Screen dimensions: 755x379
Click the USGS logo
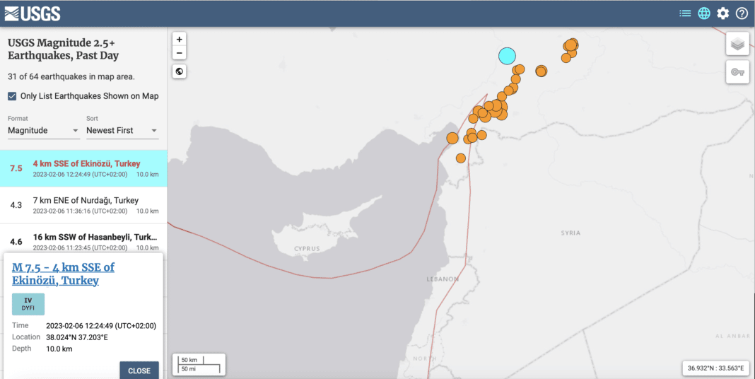[x=33, y=13]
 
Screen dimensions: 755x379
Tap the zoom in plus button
[x=180, y=40]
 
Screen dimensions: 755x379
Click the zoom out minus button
[x=180, y=53]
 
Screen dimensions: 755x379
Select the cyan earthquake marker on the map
[x=507, y=55]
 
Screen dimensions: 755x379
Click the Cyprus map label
[x=308, y=249]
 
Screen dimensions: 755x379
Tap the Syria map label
[x=570, y=233]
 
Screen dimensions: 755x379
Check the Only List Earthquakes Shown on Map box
[x=12, y=96]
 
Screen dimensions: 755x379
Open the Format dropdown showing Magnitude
[x=43, y=131]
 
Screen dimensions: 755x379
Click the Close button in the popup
[x=139, y=371]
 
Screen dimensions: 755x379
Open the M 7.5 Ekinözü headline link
[x=63, y=274]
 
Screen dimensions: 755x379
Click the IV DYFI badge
[x=28, y=304]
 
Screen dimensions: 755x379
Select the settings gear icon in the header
[x=722, y=13]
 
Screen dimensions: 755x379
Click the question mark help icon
[x=742, y=13]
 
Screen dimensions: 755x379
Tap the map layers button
[x=737, y=45]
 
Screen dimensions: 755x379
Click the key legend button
[x=737, y=72]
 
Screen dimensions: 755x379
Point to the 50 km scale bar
[x=199, y=363]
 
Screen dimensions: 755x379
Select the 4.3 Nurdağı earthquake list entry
[x=83, y=205]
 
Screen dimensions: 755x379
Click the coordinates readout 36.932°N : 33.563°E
[x=715, y=368]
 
